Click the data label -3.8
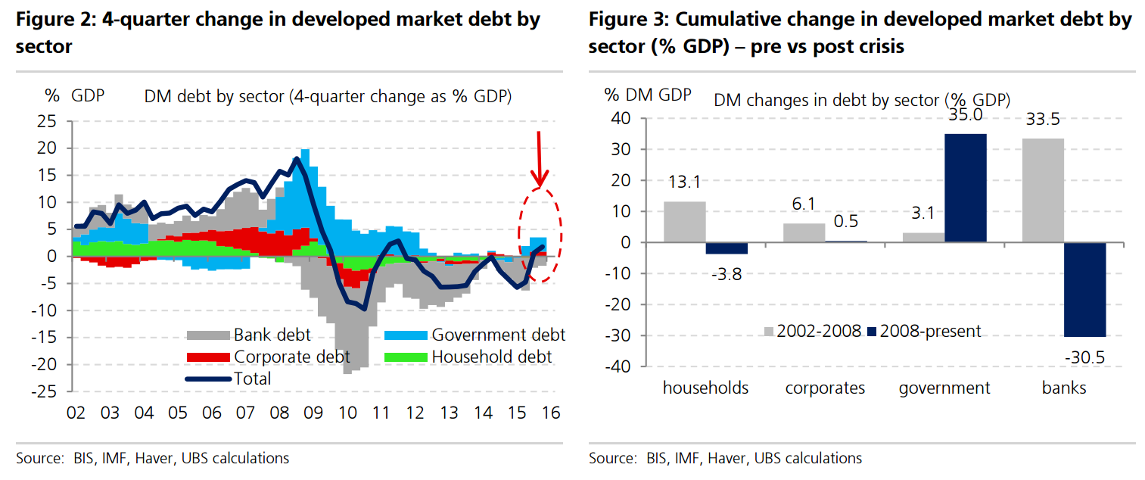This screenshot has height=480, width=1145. tap(726, 274)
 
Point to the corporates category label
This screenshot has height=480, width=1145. tap(825, 388)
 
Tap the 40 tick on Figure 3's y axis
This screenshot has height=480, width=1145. tap(620, 119)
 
